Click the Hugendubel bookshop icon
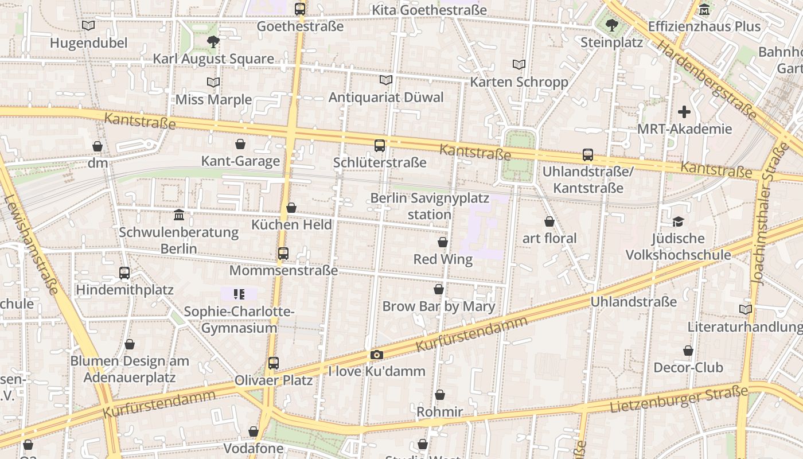pos(88,26)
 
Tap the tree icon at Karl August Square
pos(213,41)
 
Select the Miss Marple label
pos(213,99)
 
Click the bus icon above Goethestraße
pos(300,9)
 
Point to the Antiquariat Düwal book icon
pos(386,80)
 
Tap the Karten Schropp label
pos(519,82)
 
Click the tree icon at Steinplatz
pos(611,25)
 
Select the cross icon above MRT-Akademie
pos(684,112)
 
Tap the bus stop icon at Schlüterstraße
pos(380,146)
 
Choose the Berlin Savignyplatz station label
pos(430,206)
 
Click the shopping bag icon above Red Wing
pos(443,243)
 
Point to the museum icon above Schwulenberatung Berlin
pos(179,215)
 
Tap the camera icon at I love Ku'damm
pos(377,355)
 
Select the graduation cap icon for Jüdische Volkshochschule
pos(678,221)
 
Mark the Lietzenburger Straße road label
pos(679,399)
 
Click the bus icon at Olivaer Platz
pos(274,363)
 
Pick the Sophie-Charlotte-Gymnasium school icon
pos(239,295)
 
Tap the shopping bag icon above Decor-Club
pos(688,351)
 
